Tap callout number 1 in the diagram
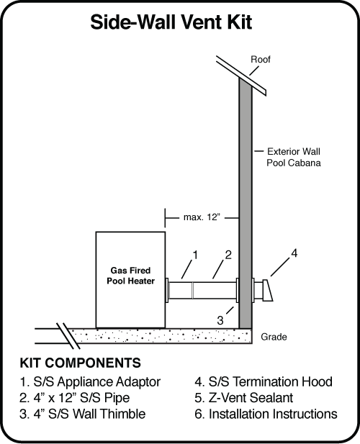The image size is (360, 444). coord(194,254)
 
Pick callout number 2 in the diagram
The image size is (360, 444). coord(227,255)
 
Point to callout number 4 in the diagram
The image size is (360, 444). coord(293,253)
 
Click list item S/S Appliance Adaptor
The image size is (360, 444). coord(89,381)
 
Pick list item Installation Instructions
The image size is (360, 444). coord(266,414)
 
